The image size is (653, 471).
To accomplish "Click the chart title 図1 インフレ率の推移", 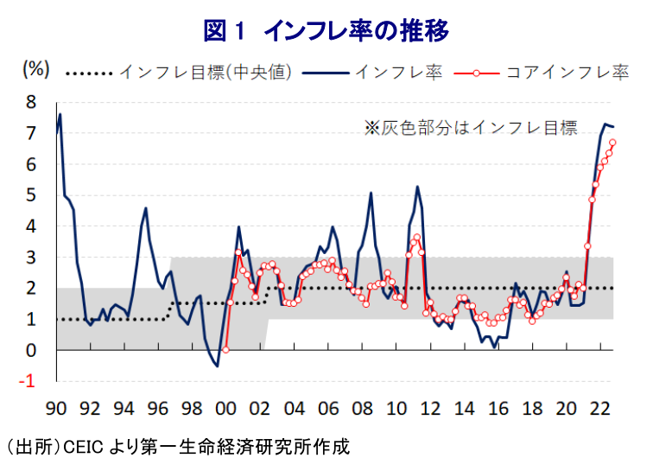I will pos(326,31).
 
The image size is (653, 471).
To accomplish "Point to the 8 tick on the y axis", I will pos(32,102).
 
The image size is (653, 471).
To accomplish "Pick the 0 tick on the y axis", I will pos(32,351).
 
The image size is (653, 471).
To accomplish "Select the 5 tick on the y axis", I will pos(32,195).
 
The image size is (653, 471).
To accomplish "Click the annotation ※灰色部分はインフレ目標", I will pos(470,129).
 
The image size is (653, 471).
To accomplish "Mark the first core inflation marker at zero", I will pos(225,350).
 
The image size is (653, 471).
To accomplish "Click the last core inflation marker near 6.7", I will pos(612,143).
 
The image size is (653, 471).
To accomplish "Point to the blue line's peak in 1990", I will pos(60,114).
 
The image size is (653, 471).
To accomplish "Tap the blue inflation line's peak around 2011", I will pos(417,187).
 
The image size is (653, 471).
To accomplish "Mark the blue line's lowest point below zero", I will pos(217,366).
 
